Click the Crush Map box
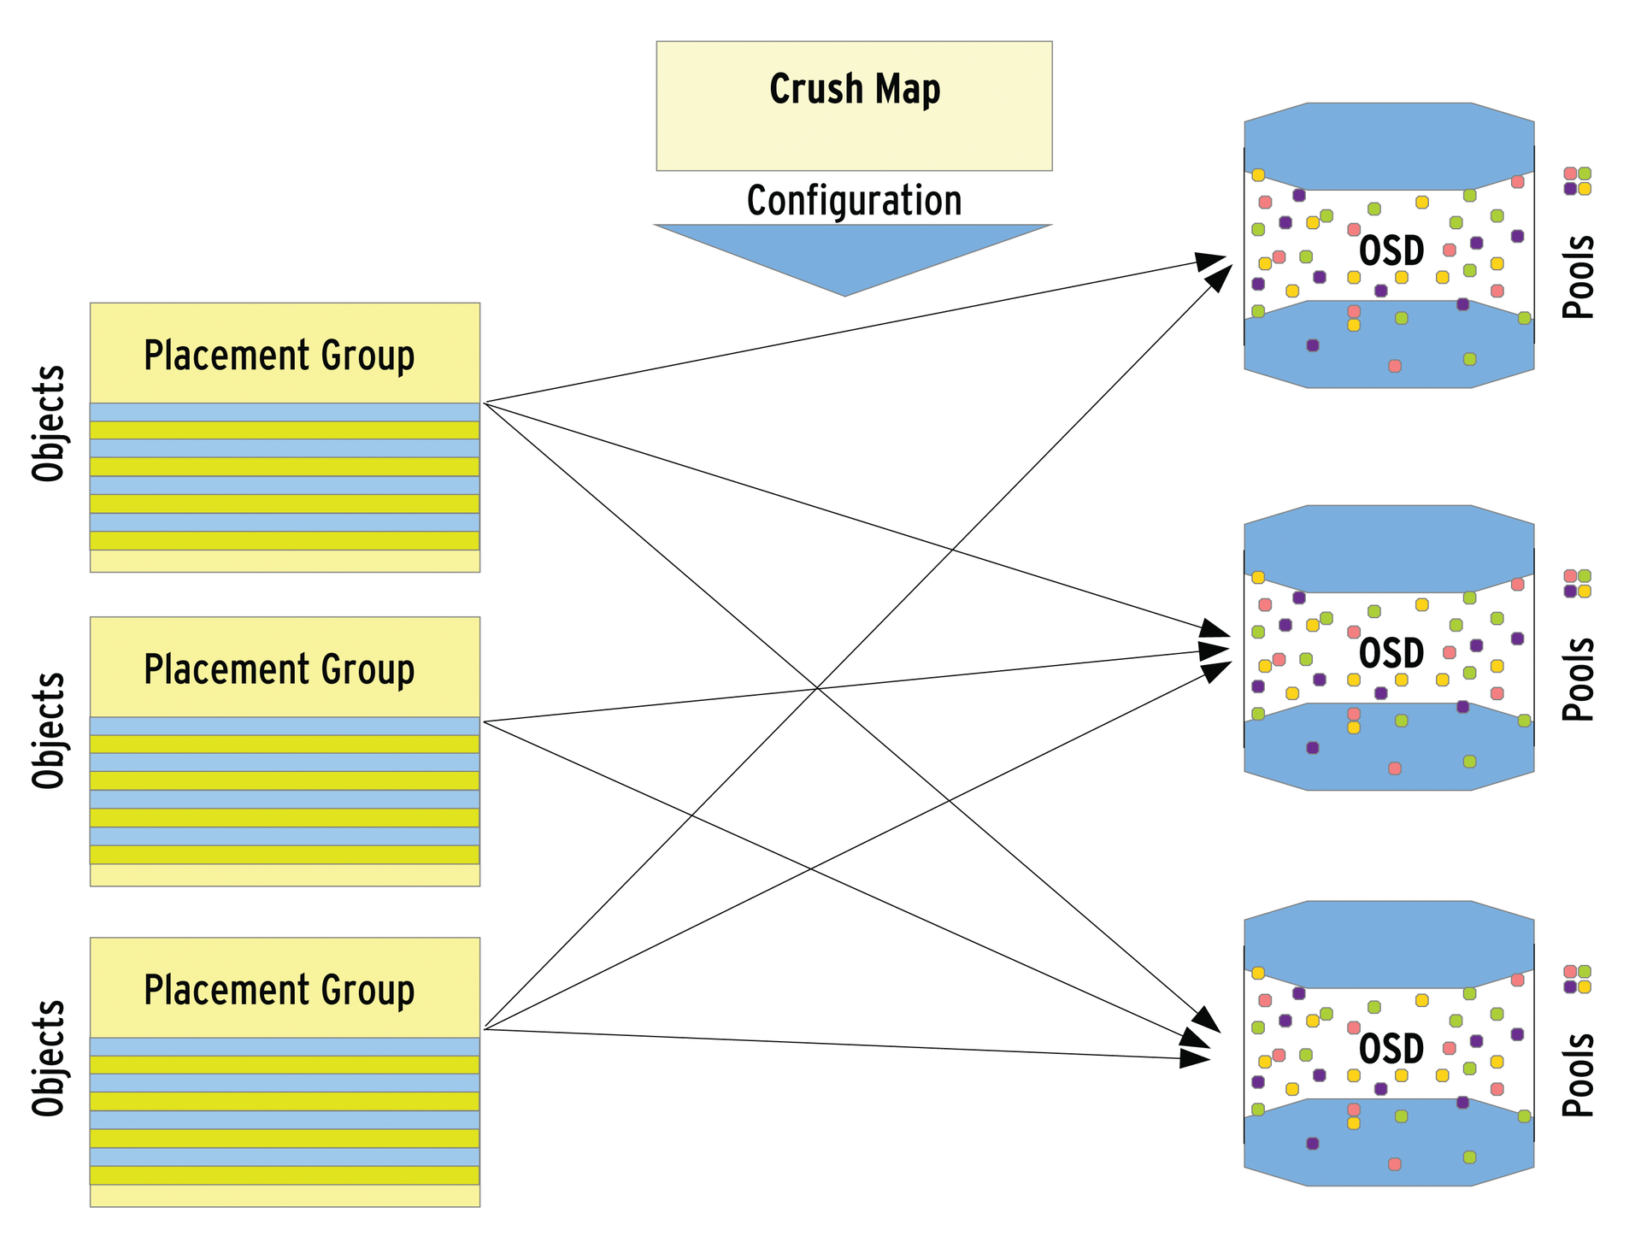(x=854, y=105)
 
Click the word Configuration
(x=854, y=201)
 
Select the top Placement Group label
(x=279, y=356)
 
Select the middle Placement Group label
(x=279, y=669)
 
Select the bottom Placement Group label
(x=279, y=990)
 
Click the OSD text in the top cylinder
(x=1391, y=251)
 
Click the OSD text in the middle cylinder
(x=1391, y=654)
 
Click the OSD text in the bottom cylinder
(x=1391, y=1050)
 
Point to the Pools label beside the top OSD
(x=1578, y=277)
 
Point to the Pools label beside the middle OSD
(x=1578, y=680)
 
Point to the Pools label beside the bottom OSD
(x=1578, y=1075)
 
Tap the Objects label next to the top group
(x=49, y=424)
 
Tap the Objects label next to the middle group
(x=49, y=730)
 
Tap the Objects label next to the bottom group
(x=49, y=1057)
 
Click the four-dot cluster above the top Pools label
(x=1577, y=181)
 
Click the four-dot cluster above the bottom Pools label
(x=1577, y=979)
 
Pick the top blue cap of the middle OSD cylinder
(x=1389, y=549)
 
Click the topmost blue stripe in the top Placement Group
(x=285, y=412)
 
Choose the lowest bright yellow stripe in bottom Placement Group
(x=285, y=1175)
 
